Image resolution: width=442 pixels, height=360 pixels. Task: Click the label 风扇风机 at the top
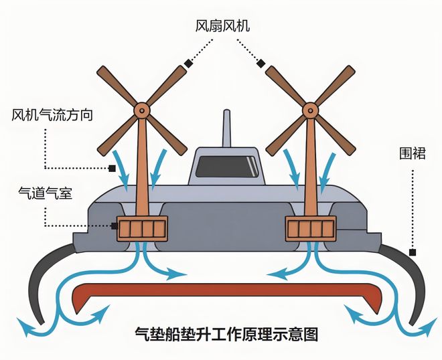point(222,26)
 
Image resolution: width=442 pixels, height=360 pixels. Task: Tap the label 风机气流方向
point(52,115)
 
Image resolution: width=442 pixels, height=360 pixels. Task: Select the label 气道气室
point(45,193)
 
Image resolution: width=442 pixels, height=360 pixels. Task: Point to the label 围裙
point(412,153)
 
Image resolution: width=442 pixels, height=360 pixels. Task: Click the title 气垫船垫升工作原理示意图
point(226,334)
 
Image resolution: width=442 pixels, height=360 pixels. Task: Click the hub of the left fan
point(141,110)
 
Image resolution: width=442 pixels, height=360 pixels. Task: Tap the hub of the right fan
point(310,110)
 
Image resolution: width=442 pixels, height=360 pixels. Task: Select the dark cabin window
point(227,167)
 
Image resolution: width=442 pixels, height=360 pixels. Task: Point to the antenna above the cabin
point(226,128)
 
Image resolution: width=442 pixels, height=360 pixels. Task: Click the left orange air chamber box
point(143,229)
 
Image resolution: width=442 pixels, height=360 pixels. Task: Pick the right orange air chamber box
point(311,229)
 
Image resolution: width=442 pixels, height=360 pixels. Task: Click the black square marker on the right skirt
point(413,252)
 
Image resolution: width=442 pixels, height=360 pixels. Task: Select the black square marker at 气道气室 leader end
point(114,226)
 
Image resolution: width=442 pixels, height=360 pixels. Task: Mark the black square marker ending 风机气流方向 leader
point(113,169)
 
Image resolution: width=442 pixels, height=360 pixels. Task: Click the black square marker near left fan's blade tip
point(188,64)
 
